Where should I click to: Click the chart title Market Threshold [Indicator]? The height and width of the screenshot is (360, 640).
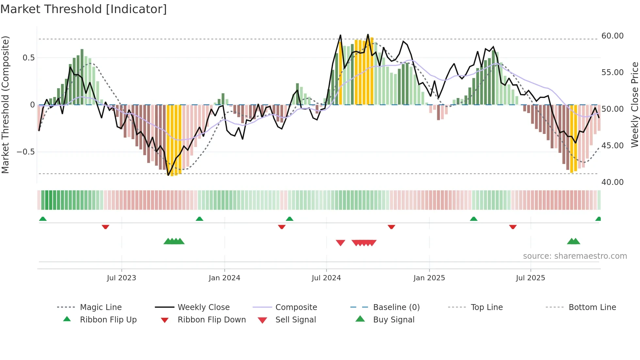tap(84, 9)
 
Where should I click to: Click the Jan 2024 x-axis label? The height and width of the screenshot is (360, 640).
tap(224, 278)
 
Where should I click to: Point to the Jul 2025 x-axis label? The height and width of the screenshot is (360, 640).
tap(530, 278)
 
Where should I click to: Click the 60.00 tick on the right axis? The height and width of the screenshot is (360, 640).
tap(612, 36)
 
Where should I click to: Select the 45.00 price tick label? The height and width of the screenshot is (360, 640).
tap(612, 145)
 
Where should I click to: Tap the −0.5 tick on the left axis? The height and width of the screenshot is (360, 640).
tap(25, 152)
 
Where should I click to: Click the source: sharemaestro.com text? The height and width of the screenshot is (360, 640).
tap(575, 256)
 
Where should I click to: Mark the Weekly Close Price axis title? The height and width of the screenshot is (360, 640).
tap(634, 105)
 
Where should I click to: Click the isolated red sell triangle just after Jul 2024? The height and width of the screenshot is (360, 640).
tap(340, 243)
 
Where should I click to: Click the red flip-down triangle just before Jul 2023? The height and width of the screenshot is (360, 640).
tap(105, 227)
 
